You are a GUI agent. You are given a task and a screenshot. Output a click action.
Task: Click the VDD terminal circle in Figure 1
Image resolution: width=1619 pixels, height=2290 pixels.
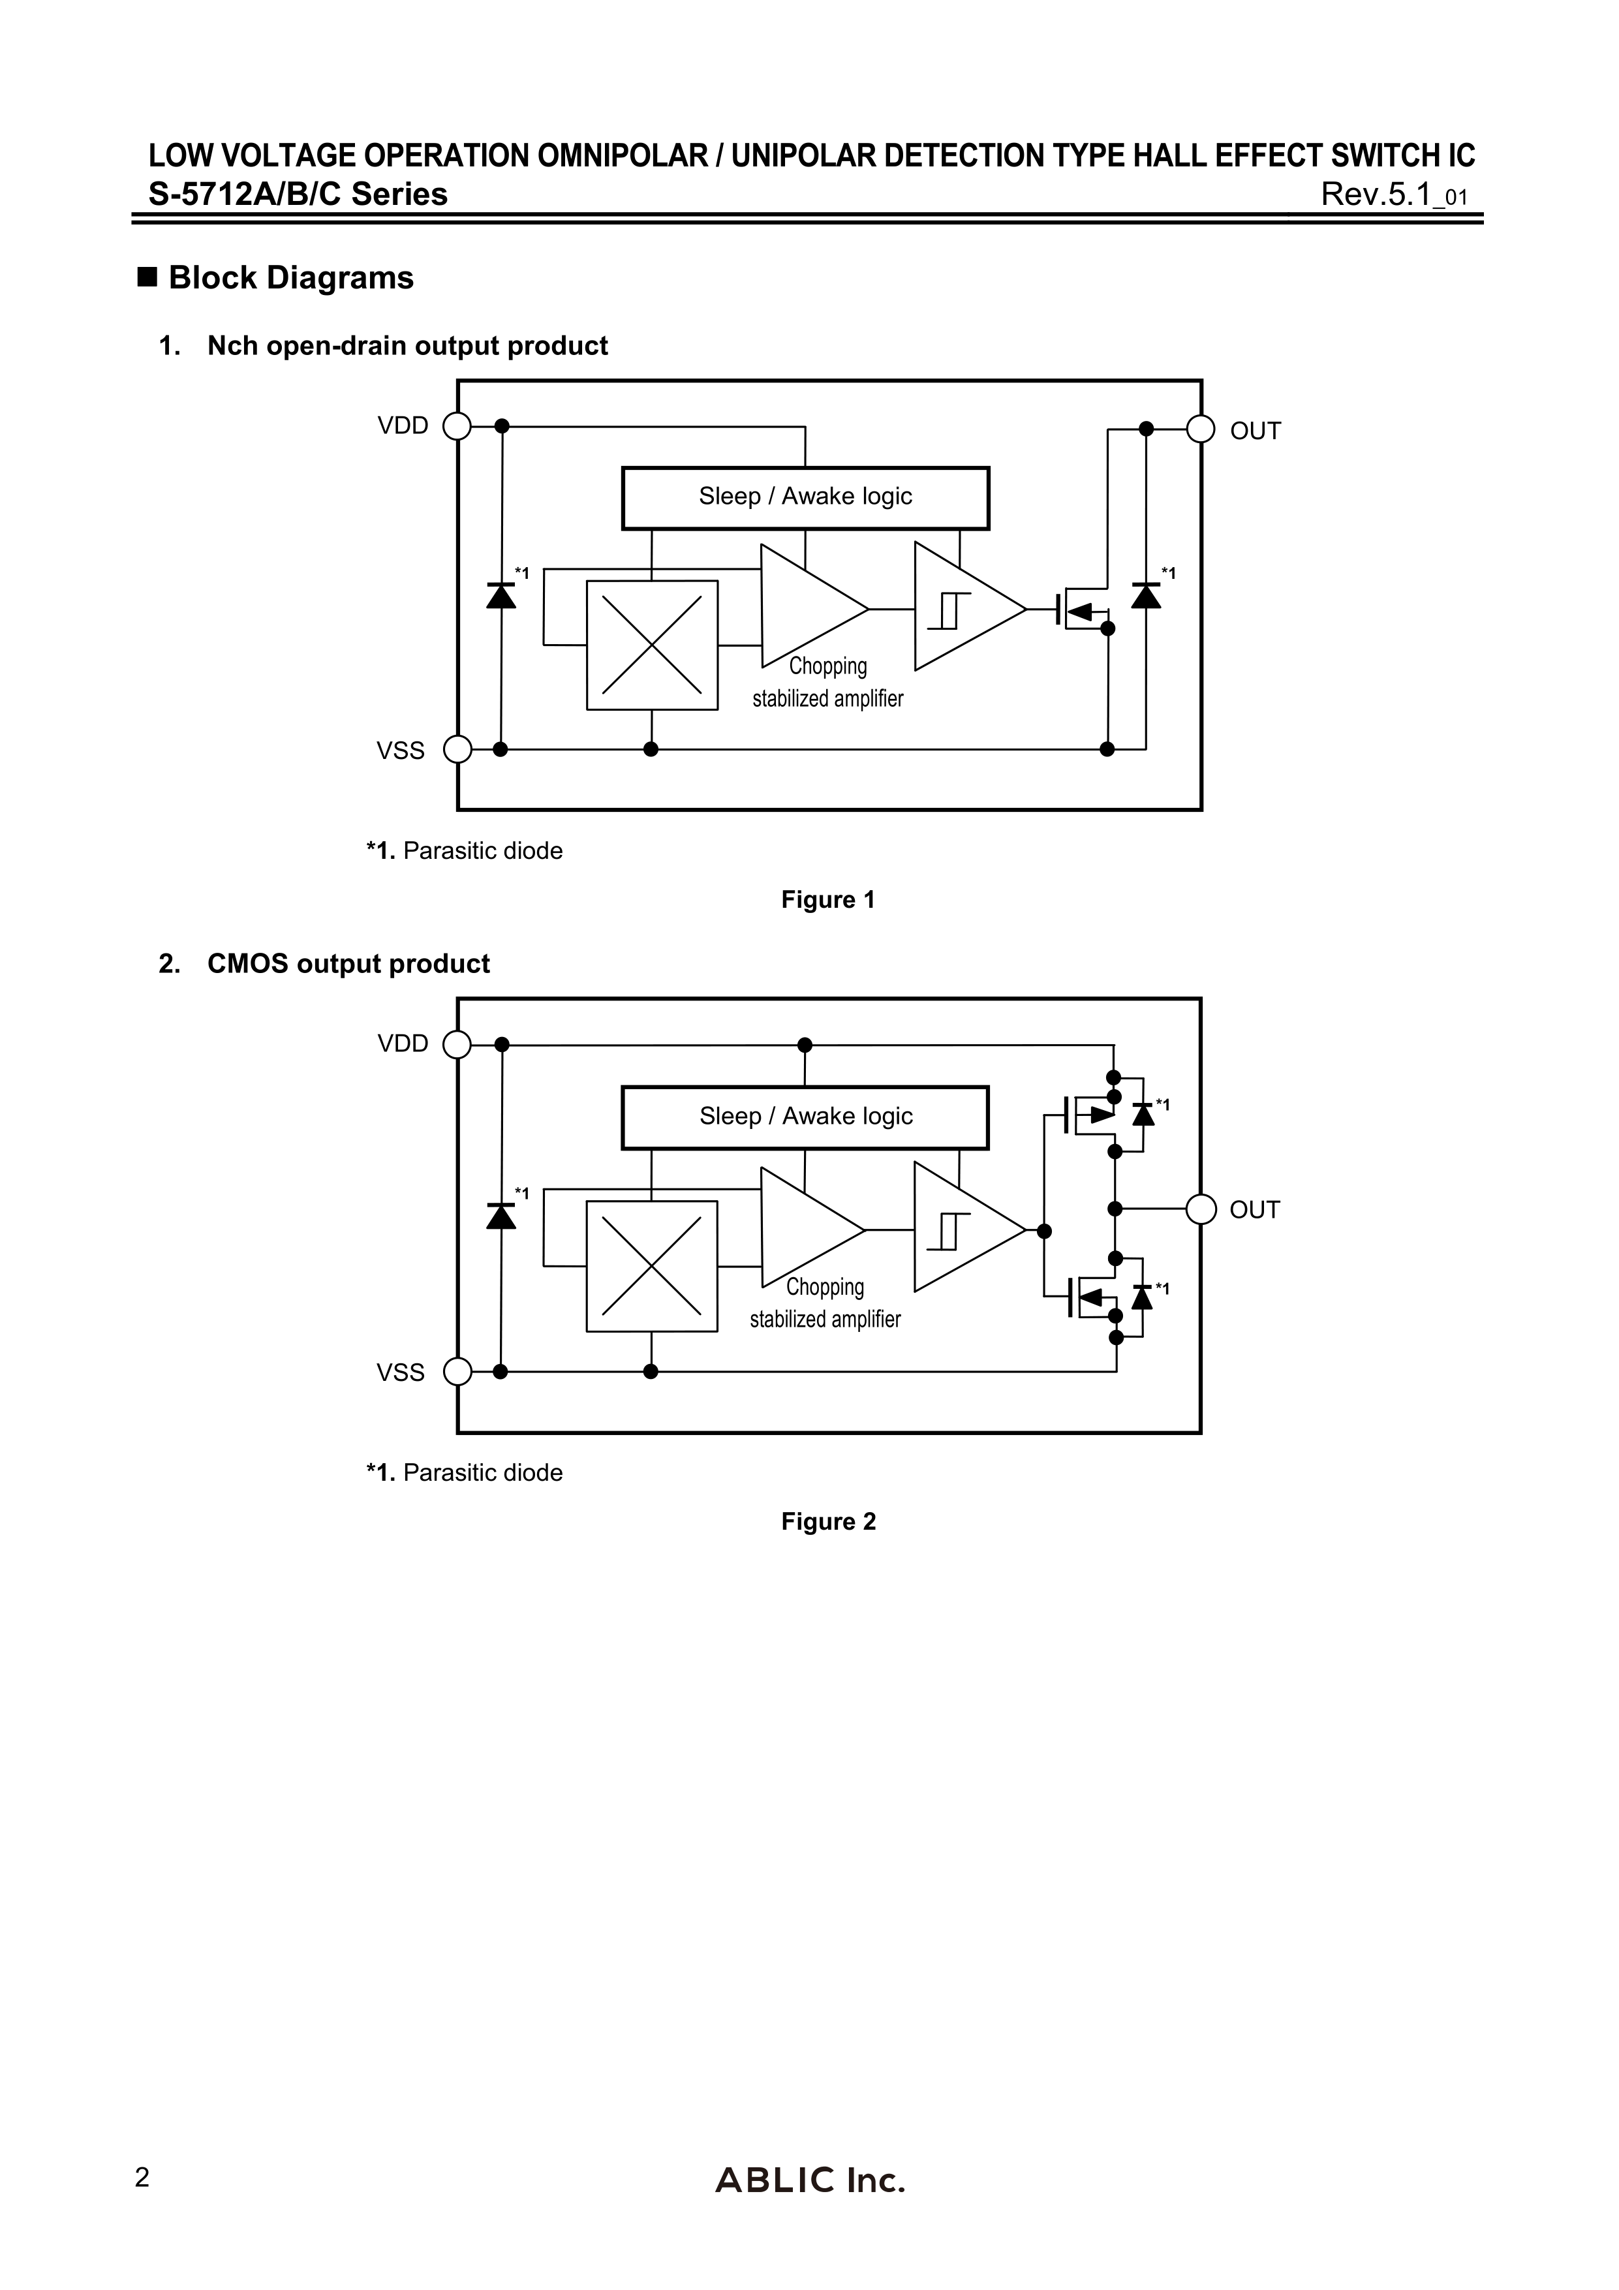click(x=457, y=426)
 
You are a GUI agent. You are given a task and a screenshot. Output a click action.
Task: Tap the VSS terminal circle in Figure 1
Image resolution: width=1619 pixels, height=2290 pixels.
click(x=457, y=749)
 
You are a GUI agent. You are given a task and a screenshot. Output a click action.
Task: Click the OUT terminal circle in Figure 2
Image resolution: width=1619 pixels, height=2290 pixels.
click(x=1201, y=1209)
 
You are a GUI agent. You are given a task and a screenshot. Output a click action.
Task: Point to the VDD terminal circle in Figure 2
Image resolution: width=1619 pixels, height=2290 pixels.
click(x=457, y=1044)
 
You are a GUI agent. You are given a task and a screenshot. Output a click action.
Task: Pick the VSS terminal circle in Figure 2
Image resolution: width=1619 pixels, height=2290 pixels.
click(x=457, y=1371)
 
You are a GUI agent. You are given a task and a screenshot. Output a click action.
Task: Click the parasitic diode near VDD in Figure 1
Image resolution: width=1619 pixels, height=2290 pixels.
click(x=501, y=595)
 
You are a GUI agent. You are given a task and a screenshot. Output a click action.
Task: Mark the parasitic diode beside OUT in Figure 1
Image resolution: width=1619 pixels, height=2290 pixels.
click(x=1146, y=595)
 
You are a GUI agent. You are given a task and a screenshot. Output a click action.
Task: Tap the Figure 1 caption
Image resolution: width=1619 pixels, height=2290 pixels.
click(x=828, y=900)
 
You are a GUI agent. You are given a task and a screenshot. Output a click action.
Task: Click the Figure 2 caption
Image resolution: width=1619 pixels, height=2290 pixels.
click(x=828, y=1521)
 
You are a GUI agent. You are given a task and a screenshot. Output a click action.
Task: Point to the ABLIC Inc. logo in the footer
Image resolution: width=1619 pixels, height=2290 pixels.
click(x=810, y=2208)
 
